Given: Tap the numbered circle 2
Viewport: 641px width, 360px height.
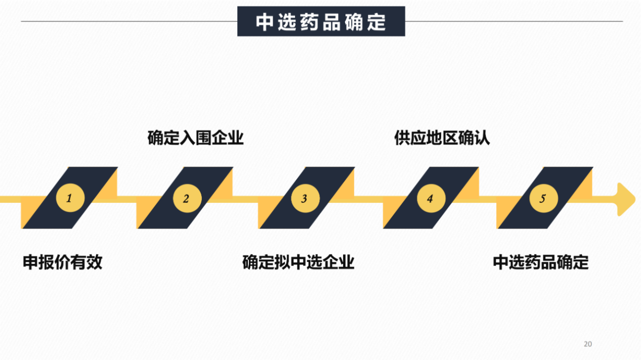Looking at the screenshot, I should pos(187,198).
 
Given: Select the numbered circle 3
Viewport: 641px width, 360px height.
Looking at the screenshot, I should pos(305,198).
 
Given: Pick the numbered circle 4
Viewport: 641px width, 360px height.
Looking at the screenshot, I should pos(431,198).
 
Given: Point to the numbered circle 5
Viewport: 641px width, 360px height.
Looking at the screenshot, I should pos(543,198).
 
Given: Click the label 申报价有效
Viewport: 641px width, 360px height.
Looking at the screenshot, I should pos(63,262).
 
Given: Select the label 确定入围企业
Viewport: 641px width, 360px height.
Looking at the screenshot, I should pos(195,138).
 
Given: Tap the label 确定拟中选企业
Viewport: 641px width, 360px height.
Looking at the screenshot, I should pos(298,262).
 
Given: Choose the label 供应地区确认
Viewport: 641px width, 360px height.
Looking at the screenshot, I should pos(442,138).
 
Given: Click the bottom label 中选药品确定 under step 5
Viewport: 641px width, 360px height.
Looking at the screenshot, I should pos(540,262).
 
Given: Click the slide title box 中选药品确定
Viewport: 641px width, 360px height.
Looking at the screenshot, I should pos(321,22).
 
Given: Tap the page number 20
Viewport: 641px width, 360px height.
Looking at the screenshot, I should pos(587,344).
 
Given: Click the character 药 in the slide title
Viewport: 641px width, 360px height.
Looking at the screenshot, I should pos(305,22).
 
